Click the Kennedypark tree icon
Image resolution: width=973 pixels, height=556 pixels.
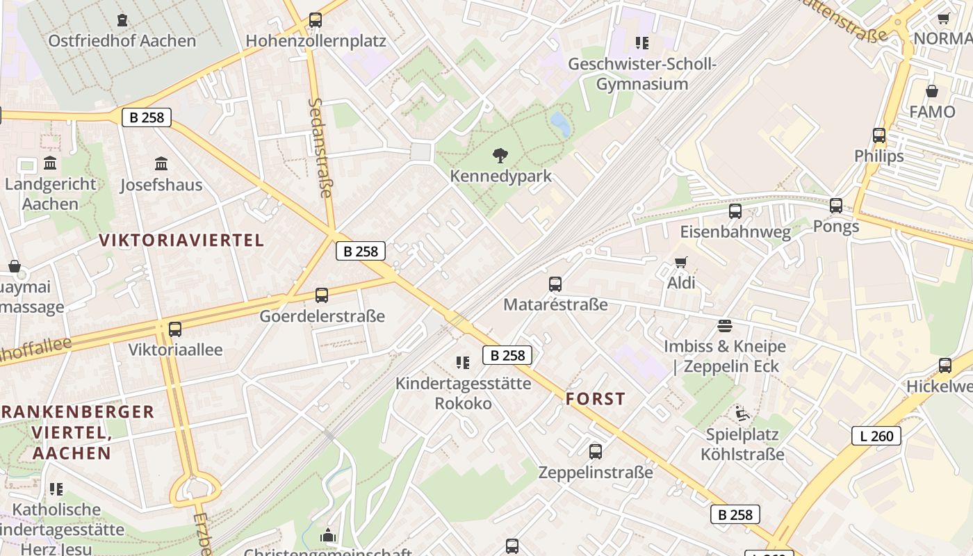499,156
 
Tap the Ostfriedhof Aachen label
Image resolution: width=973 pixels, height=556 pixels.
122,40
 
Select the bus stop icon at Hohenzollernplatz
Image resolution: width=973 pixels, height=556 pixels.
316,20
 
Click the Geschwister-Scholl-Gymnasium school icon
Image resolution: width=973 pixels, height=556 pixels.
642,43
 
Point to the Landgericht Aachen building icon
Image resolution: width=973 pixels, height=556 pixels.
50,163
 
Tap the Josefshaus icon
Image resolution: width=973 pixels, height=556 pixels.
161,164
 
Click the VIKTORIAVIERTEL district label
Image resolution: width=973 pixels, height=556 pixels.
181,240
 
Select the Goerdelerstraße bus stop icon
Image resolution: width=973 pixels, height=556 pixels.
322,295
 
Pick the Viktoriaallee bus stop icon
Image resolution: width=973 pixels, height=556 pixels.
175,329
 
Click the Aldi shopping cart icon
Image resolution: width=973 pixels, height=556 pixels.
681,263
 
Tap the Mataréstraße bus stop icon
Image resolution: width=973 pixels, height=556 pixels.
555,284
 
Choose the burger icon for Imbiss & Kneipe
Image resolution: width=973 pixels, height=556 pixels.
725,326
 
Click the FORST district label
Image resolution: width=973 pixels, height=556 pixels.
596,399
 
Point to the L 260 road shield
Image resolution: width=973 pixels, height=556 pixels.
876,436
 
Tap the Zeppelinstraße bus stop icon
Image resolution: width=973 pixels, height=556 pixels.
596,452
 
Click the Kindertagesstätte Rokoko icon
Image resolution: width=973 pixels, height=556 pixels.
462,362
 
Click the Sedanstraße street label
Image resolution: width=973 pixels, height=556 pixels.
320,147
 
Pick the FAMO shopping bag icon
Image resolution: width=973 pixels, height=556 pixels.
932,91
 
